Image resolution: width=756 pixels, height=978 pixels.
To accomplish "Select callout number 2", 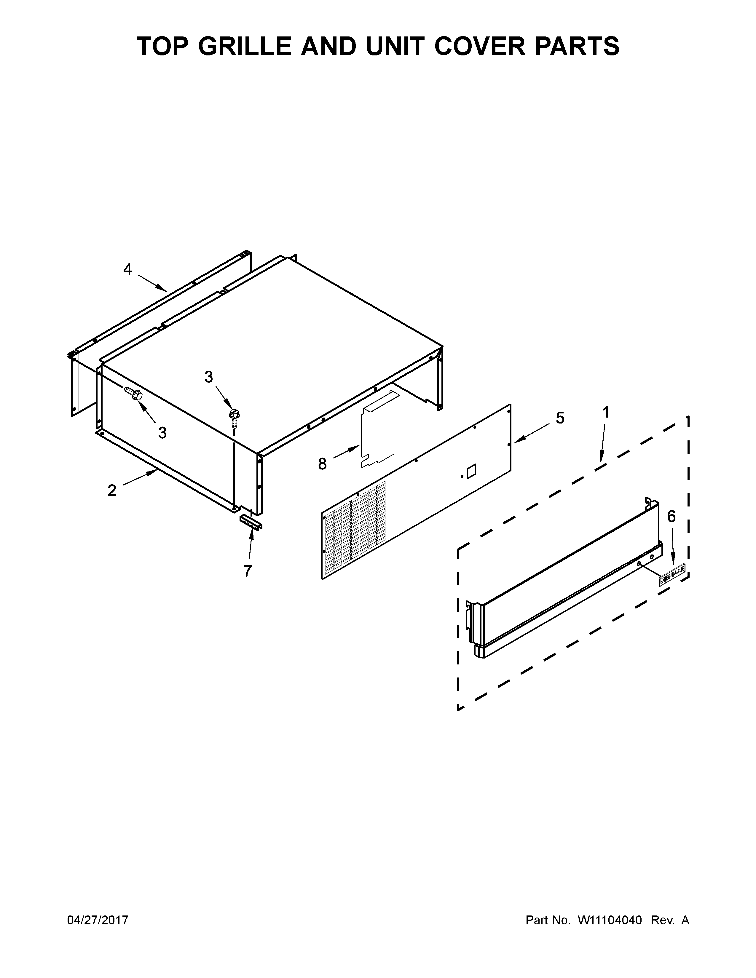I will pyautogui.click(x=112, y=490).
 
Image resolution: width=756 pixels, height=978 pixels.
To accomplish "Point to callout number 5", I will pyautogui.click(x=560, y=418).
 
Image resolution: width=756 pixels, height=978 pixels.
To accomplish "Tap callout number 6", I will pyautogui.click(x=671, y=516).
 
